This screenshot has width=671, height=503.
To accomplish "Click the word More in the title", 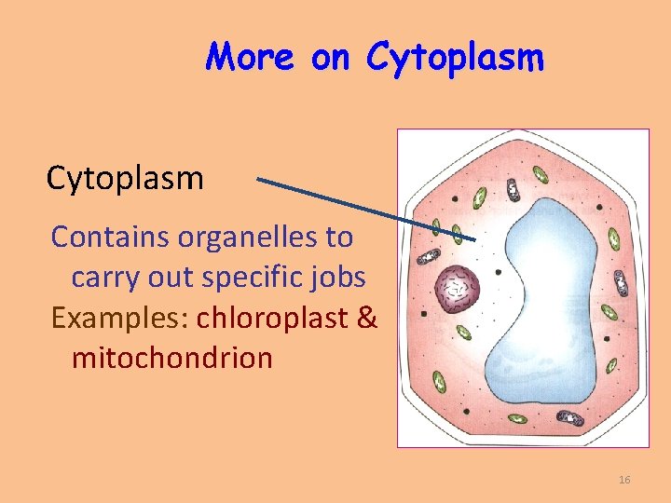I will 251,58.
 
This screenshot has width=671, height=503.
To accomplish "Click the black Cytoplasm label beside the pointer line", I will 125,177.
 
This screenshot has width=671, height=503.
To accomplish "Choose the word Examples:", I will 120,318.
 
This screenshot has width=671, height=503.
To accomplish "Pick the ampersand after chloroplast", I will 366,318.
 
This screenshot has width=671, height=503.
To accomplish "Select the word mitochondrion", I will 171,358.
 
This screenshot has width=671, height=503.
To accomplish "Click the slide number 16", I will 624,480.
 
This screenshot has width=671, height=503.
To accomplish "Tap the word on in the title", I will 329,58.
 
